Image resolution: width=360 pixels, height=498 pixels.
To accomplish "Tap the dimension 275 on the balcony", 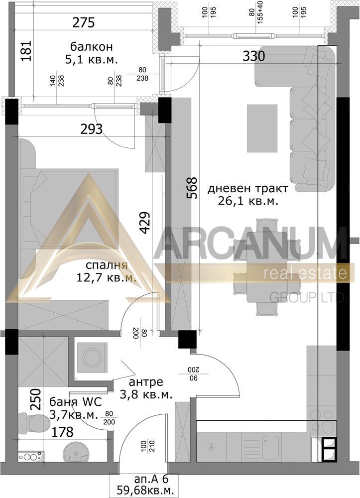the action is pos(84,23).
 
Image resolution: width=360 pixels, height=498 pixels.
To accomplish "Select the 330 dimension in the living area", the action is pos(253,56).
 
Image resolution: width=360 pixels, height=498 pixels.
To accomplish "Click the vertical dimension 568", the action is pos(192,188).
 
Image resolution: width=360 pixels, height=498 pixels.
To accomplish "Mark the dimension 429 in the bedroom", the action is pos(144,223).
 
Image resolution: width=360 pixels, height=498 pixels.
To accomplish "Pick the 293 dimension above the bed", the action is pos(92,129).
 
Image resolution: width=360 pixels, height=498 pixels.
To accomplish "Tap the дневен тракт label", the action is pos(248,189).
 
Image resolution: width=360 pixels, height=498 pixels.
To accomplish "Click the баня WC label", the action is pos(76,402).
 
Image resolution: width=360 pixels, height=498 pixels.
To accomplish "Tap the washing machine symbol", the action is pos(92,357).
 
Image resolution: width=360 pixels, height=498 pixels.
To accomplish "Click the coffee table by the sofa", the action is pos(262,128).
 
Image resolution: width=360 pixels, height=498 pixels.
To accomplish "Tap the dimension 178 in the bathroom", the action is pos(63,432).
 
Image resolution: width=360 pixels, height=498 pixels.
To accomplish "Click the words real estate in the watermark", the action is pos(305,273).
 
